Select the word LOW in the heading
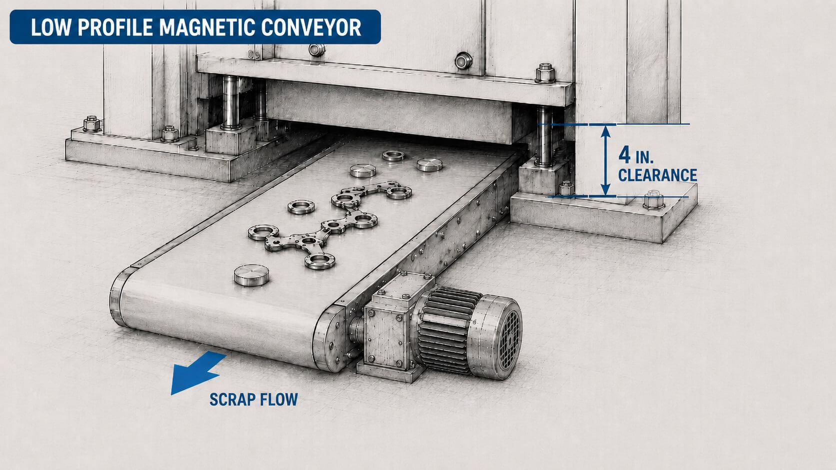(x=51, y=27)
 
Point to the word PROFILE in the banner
(x=115, y=27)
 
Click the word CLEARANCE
(x=657, y=175)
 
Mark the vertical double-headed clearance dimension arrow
(x=605, y=160)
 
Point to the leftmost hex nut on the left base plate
(x=91, y=124)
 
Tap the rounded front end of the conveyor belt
(x=123, y=298)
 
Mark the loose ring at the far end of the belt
(x=393, y=155)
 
